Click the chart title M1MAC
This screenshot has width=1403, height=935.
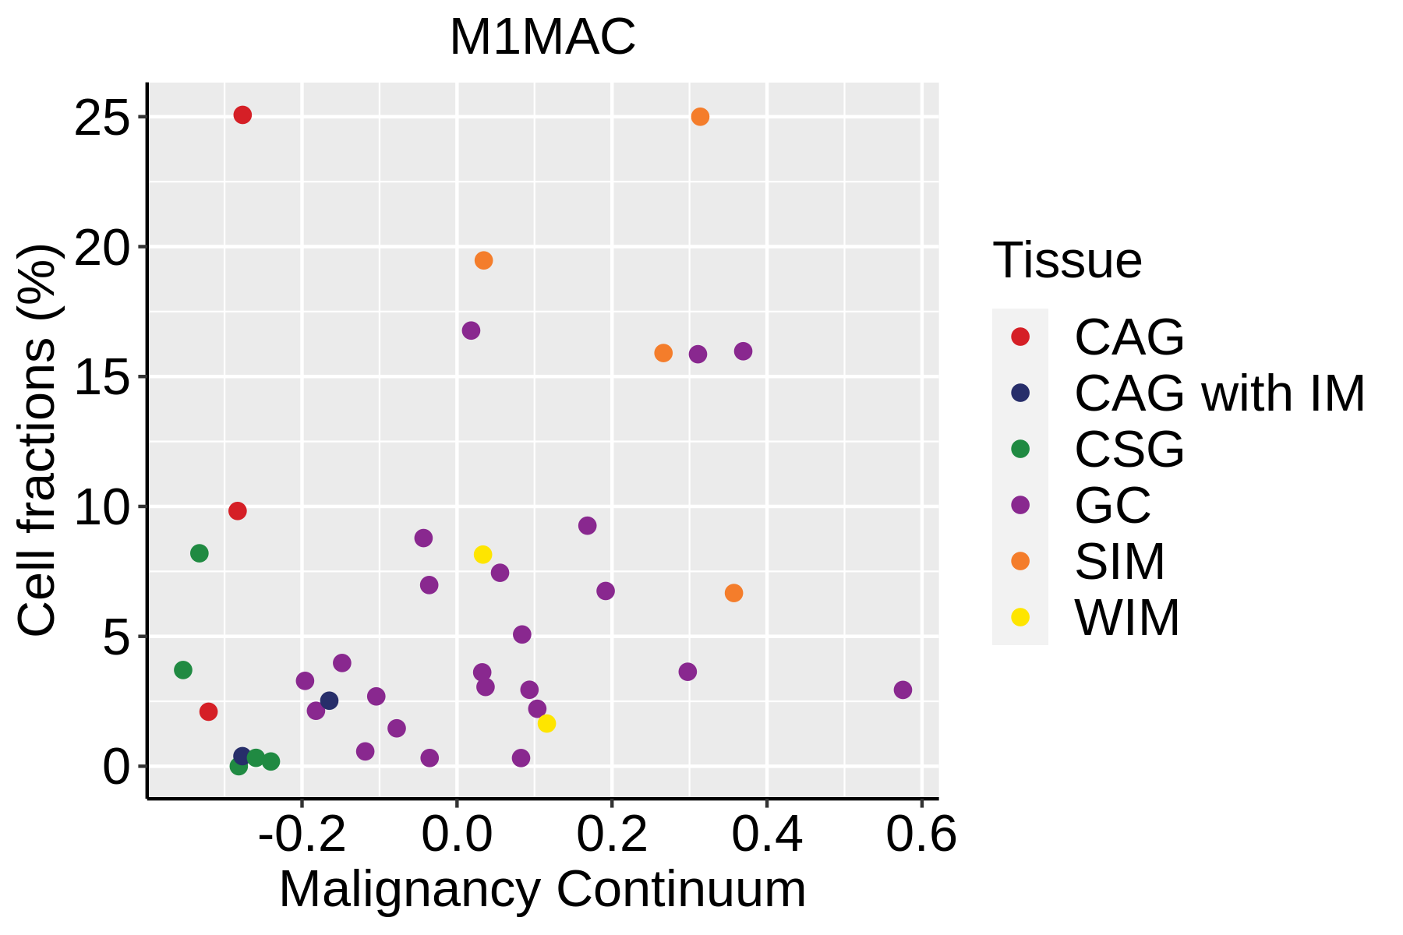[542, 37]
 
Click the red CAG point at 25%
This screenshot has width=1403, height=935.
[242, 115]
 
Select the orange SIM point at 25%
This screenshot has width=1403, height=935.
[700, 117]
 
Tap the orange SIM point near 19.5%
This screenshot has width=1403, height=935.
[483, 260]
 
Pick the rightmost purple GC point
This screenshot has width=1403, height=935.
[903, 690]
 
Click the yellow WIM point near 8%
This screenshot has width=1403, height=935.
[482, 555]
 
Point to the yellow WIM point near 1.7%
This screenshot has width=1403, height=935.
[546, 723]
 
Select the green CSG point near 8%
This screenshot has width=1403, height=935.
[200, 553]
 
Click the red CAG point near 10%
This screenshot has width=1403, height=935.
[238, 511]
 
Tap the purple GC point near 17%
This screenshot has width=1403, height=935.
[471, 330]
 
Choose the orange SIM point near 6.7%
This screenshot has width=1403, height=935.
[733, 593]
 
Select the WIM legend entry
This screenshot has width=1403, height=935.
[1126, 618]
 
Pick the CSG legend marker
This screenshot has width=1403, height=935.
[1020, 449]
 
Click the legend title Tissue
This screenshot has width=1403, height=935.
[1067, 260]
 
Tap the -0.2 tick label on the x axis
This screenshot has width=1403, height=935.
[302, 834]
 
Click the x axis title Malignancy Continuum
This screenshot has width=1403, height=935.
[542, 889]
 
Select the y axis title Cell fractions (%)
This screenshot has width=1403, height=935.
[37, 441]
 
